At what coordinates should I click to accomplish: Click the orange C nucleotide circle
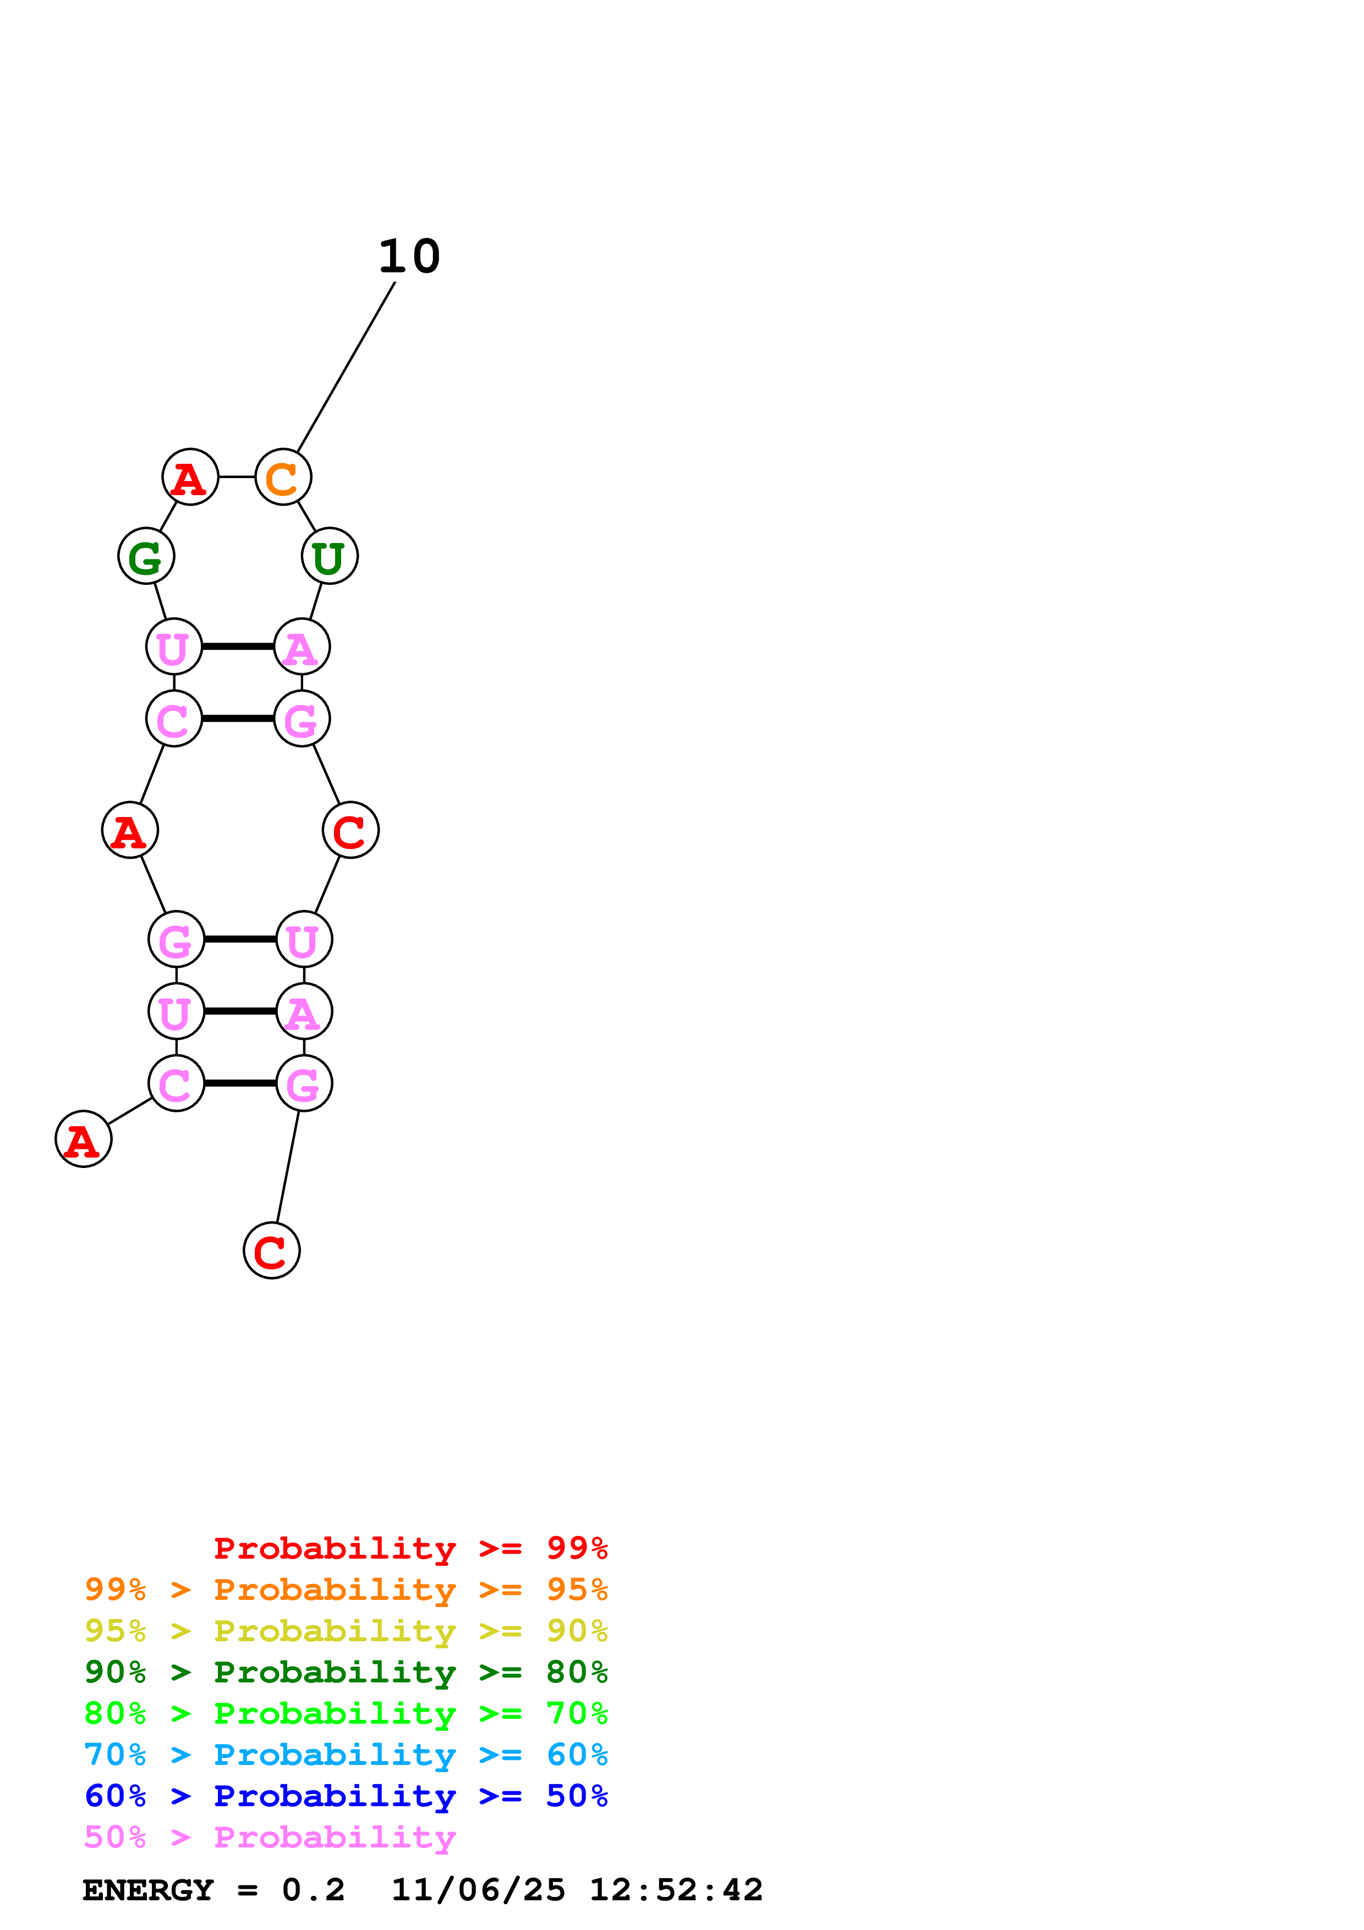pos(283,476)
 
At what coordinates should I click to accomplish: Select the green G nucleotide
pos(146,556)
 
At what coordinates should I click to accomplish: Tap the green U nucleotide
pos(330,556)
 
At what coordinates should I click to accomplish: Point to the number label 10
pos(409,256)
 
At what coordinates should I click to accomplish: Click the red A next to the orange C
pos(190,476)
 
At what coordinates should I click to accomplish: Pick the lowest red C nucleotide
pos(271,1251)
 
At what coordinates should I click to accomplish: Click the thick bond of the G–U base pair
pos(239,939)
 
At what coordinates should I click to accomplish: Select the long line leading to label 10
pos(346,366)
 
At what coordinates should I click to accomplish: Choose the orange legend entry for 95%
pos(346,1589)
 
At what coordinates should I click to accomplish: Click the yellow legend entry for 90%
pos(346,1631)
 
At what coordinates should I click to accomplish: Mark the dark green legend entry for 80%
pos(346,1672)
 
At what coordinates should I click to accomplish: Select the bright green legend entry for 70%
pos(346,1713)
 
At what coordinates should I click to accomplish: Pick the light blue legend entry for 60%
pos(346,1754)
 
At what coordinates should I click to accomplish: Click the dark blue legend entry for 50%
pos(346,1796)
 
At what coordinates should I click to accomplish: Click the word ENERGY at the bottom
pos(148,1890)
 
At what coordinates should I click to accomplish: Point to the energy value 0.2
pos(314,1890)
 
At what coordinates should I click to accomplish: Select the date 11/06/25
pos(478,1890)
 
